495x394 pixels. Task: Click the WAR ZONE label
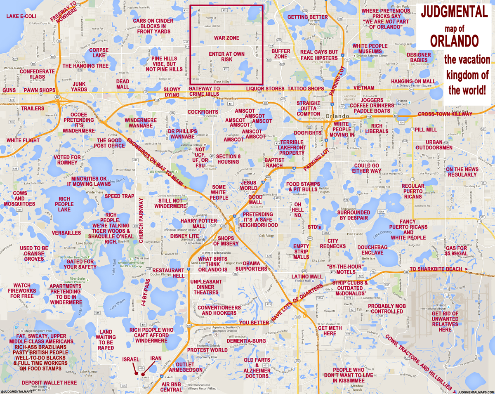[x=226, y=38]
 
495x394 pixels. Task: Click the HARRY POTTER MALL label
[x=199, y=224]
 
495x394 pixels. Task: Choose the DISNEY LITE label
[x=184, y=236]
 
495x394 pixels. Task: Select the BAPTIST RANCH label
[x=274, y=163]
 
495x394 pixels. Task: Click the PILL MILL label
[x=425, y=130]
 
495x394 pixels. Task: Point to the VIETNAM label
[x=364, y=88]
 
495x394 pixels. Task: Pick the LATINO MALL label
[x=307, y=276]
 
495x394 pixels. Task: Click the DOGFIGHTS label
[x=308, y=133]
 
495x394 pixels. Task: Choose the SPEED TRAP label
[x=119, y=196]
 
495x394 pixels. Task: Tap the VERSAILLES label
[x=66, y=233]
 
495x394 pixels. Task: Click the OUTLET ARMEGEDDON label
[x=185, y=367]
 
